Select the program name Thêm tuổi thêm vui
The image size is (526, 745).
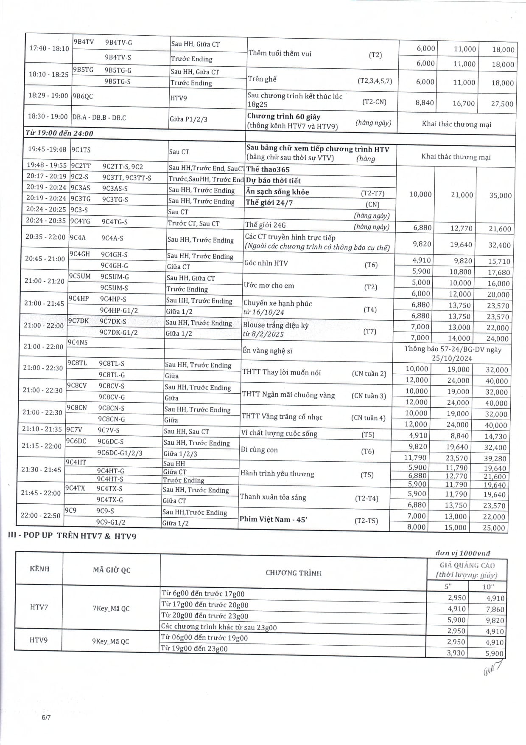click(280, 53)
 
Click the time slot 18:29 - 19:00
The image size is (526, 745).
click(48, 96)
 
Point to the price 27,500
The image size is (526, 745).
click(502, 104)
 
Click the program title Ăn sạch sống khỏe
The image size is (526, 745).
click(277, 192)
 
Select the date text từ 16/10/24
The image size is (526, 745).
click(264, 312)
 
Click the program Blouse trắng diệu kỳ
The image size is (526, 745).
click(276, 325)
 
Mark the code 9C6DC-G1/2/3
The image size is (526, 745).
click(120, 453)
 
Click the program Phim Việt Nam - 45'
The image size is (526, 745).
click(273, 519)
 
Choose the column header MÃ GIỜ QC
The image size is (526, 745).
click(112, 570)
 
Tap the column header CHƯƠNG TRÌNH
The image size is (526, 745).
click(294, 573)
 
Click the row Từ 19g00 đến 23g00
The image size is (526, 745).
click(194, 649)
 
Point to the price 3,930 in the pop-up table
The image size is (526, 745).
click(456, 653)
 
